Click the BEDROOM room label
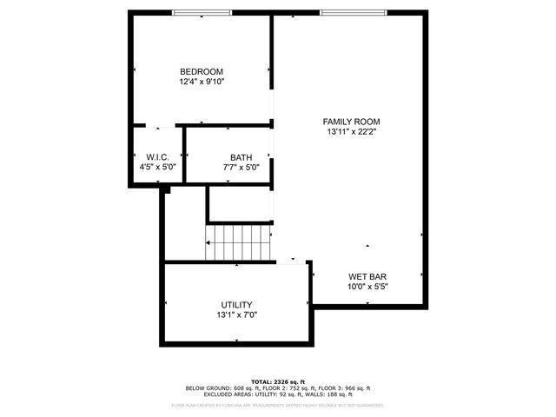[x=202, y=71]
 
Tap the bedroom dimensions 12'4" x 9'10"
[x=202, y=82]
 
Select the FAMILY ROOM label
[x=352, y=122]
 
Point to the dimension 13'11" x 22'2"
[x=352, y=132]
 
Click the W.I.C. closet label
[x=157, y=157]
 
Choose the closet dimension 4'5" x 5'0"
[x=157, y=167]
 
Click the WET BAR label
[x=367, y=276]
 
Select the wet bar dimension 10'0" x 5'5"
[x=367, y=287]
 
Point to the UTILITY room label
[x=236, y=304]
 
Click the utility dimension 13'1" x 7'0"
[x=236, y=314]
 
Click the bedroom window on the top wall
[x=202, y=13]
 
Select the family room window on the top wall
[x=352, y=13]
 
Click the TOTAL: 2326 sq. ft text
[x=278, y=381]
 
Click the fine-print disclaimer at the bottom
[x=278, y=405]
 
